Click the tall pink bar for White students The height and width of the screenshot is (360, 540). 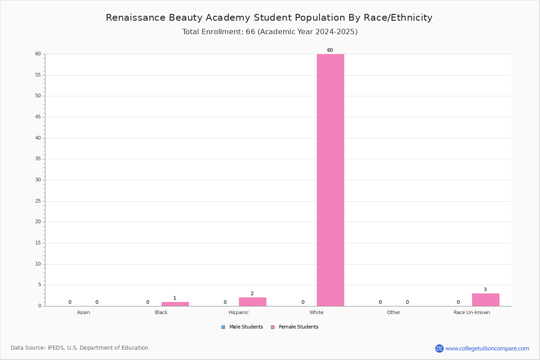[x=330, y=180]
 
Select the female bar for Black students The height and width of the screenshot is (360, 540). [x=175, y=304]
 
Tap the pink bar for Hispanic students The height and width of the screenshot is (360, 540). [x=252, y=301]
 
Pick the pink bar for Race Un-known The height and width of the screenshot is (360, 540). [x=486, y=300]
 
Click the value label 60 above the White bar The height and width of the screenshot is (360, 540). [x=330, y=50]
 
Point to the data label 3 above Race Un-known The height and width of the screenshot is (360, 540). [x=485, y=289]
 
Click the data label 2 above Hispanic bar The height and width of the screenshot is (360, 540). [x=252, y=293]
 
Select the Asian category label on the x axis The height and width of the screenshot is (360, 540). [x=83, y=312]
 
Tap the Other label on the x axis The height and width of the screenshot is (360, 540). [x=393, y=312]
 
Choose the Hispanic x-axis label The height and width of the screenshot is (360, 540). [x=238, y=312]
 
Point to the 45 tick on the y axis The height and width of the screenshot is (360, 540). [x=38, y=117]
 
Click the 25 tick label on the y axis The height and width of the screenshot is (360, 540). [x=38, y=201]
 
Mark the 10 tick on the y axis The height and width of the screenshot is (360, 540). [x=38, y=264]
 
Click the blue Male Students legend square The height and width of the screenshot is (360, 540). [x=223, y=327]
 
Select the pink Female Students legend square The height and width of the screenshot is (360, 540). [x=273, y=327]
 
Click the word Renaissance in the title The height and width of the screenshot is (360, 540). [x=136, y=18]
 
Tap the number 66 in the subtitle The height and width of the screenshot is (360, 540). [x=250, y=31]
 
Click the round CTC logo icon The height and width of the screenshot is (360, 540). [x=439, y=348]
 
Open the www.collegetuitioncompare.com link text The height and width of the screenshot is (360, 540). [x=487, y=348]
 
